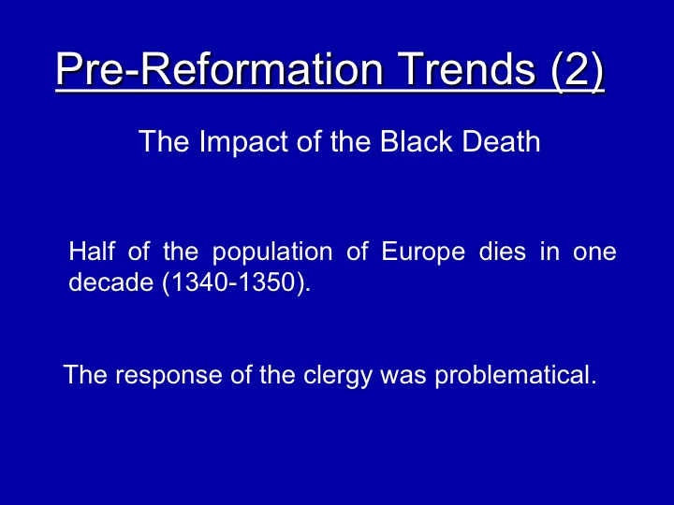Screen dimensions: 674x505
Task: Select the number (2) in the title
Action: (x=578, y=70)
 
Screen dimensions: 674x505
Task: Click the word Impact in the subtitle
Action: (x=243, y=142)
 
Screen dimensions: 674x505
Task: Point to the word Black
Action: (x=416, y=141)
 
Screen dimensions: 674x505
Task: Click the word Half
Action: (x=92, y=251)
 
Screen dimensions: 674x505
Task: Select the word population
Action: (x=272, y=252)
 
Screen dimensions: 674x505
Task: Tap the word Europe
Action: (x=423, y=252)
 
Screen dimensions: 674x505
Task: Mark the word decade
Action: (x=110, y=282)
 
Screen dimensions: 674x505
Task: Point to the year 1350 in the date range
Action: (x=267, y=282)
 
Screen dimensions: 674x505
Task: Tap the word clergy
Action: (x=337, y=375)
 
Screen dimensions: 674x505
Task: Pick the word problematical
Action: (x=516, y=375)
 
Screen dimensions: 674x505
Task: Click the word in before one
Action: (x=549, y=251)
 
